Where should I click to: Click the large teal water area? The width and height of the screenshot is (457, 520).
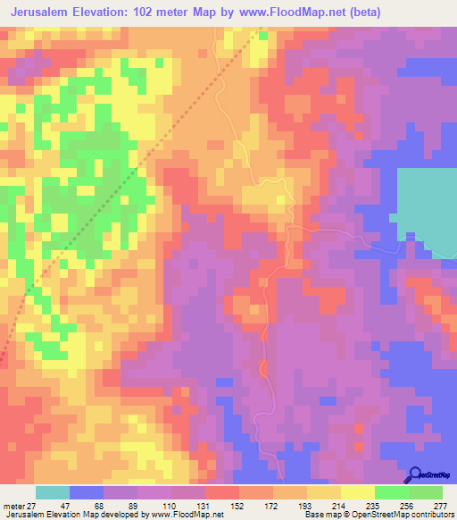[x=427, y=210]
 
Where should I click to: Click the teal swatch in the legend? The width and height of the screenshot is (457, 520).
[x=52, y=492]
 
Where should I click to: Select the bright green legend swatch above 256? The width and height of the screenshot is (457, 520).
[x=391, y=492]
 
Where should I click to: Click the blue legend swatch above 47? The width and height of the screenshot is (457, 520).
[x=86, y=492]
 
